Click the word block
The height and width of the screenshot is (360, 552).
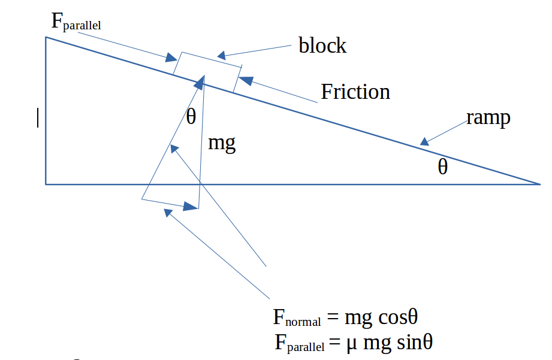click(322, 45)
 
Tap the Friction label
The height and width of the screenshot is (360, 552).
click(355, 92)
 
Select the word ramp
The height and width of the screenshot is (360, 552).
click(488, 118)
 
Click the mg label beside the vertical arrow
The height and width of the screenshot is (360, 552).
click(222, 144)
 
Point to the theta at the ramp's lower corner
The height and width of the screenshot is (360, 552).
click(442, 167)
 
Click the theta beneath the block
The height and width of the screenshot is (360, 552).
click(191, 116)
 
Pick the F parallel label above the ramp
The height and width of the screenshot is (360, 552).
click(76, 22)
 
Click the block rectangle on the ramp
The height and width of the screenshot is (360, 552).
click(207, 72)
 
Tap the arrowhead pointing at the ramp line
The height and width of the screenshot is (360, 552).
click(425, 141)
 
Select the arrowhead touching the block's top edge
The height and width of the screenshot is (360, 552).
click(221, 55)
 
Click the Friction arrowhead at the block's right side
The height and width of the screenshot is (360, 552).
click(246, 81)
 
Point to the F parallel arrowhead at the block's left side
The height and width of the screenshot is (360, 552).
click(171, 58)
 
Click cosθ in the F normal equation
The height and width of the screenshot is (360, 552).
click(398, 317)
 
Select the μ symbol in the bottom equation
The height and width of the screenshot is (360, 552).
click(351, 344)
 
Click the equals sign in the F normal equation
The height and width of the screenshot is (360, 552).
click(333, 317)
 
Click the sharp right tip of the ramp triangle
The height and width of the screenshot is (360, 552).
click(541, 184)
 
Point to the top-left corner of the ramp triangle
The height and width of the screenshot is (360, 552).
click(46, 37)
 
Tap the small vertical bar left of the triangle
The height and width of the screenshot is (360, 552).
click(38, 117)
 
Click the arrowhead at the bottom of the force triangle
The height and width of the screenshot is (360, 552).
click(191, 207)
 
